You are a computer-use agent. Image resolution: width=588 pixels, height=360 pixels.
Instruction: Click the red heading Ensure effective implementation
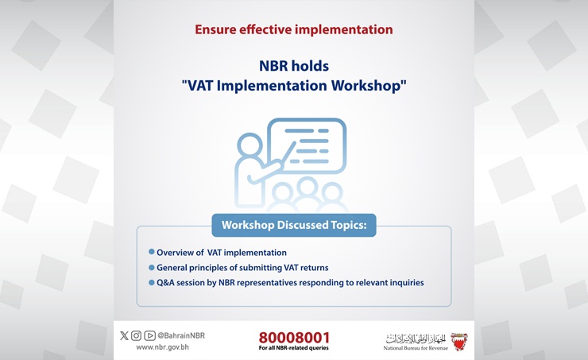[294, 30]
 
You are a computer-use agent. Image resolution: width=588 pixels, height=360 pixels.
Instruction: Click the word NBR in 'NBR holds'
[275, 66]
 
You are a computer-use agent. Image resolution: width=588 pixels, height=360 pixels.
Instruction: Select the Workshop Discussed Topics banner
[294, 225]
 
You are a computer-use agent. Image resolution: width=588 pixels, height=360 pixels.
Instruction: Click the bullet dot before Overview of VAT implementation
[151, 252]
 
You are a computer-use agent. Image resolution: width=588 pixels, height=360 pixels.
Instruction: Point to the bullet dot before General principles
[151, 267]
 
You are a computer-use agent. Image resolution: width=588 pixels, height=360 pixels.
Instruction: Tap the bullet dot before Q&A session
[151, 282]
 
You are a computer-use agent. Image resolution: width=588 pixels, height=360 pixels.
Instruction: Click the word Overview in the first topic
[176, 253]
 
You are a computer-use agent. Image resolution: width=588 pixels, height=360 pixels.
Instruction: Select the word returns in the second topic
[312, 268]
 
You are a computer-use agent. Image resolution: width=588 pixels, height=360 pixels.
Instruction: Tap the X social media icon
[124, 335]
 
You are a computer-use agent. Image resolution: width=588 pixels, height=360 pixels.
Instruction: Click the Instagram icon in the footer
[136, 335]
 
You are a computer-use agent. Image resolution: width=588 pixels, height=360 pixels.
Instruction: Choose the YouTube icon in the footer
[149, 335]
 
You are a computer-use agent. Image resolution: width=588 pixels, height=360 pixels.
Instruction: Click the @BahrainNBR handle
[181, 335]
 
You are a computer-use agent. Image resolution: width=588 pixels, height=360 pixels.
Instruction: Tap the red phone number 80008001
[294, 337]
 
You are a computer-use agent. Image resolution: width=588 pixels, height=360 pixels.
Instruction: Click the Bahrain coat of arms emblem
[458, 341]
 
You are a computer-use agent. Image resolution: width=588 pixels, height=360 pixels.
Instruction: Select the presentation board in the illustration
[307, 145]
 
